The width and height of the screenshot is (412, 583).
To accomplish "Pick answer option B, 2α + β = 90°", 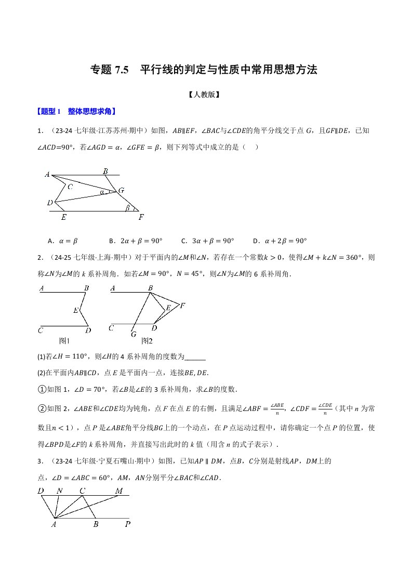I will point(136,241).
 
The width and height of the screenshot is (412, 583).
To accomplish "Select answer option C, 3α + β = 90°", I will point(207,241).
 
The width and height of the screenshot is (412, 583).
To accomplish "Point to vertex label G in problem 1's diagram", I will point(121,191).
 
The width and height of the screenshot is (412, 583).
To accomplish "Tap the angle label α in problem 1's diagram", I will point(102,192).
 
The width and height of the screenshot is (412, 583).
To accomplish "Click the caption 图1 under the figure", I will point(64,341).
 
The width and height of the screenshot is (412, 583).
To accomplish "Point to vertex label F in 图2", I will point(182,305).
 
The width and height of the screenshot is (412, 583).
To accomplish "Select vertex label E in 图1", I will point(75,310).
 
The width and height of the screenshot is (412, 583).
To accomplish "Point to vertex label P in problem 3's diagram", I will point(128,524).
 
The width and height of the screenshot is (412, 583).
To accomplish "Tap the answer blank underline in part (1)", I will point(195,357).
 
